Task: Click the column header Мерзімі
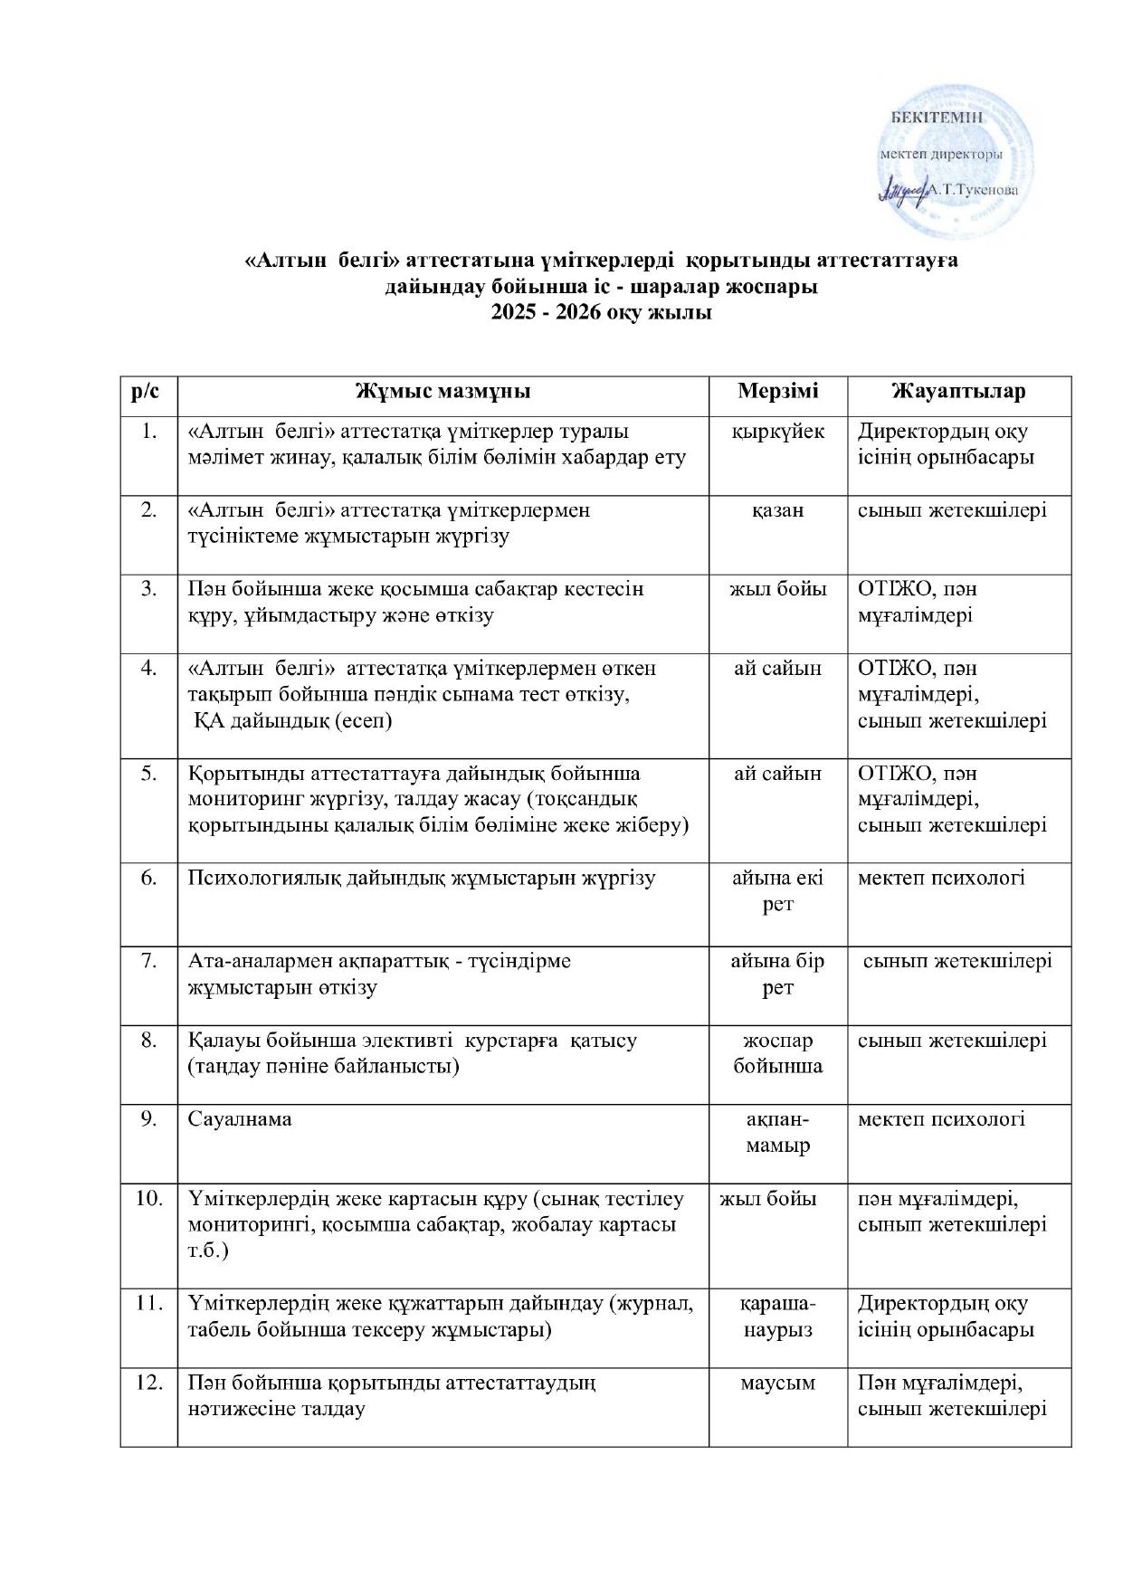(777, 392)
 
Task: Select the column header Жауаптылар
(958, 392)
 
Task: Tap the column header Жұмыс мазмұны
(443, 392)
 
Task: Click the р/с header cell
(148, 392)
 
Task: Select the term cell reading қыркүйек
(777, 432)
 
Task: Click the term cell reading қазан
(777, 510)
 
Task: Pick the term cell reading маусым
(777, 1384)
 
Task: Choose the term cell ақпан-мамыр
(777, 1132)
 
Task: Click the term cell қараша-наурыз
(777, 1317)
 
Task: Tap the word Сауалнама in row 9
(240, 1119)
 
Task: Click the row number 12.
(149, 1384)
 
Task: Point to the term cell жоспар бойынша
(777, 1053)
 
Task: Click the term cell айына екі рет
(777, 890)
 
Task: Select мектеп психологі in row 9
(941, 1119)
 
